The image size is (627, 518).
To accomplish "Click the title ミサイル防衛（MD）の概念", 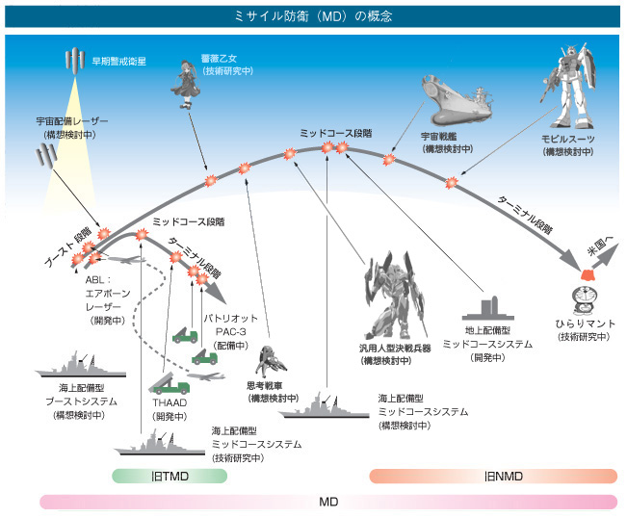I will coord(313,16).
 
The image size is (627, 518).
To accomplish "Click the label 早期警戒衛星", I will coord(118,61).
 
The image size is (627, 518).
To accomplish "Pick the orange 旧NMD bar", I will coord(492,475).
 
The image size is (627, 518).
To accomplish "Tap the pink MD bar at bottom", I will coord(327,502).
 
